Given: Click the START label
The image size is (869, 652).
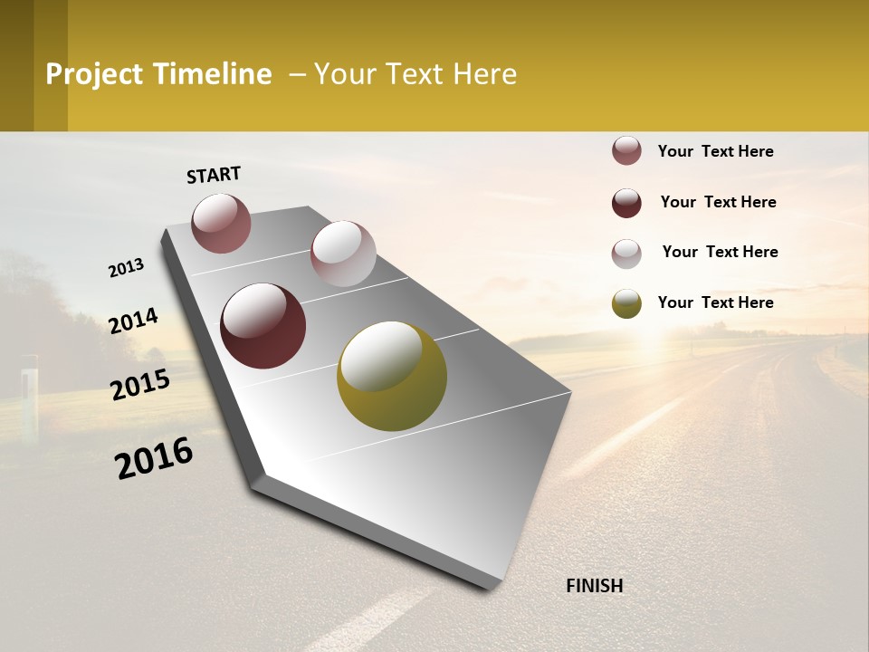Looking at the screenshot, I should [x=214, y=175].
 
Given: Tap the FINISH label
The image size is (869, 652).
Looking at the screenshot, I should [x=595, y=586].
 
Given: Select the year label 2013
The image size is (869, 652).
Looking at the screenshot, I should [x=127, y=267].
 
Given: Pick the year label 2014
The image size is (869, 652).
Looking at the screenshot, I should [x=134, y=321].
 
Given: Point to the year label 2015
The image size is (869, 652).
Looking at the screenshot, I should [x=140, y=385].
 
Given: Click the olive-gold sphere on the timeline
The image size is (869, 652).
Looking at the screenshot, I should [x=392, y=376].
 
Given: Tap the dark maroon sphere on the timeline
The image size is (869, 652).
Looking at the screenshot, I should [x=263, y=326].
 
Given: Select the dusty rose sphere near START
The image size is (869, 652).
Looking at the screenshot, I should [x=222, y=223].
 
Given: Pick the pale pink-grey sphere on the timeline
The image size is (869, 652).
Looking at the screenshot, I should [x=343, y=254].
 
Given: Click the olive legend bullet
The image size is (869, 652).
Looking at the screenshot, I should [x=626, y=303].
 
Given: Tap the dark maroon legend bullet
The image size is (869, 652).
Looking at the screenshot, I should [x=626, y=203].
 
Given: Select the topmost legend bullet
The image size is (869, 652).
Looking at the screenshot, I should [x=626, y=150].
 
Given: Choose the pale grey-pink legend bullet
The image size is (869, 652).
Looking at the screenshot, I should [x=626, y=254].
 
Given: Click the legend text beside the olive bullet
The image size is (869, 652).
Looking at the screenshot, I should [x=716, y=302].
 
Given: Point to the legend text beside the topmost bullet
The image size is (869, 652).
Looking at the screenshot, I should [x=716, y=151].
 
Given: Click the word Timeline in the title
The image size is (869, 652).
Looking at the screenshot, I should [x=213, y=74].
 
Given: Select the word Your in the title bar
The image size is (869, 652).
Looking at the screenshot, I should [x=346, y=74].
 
